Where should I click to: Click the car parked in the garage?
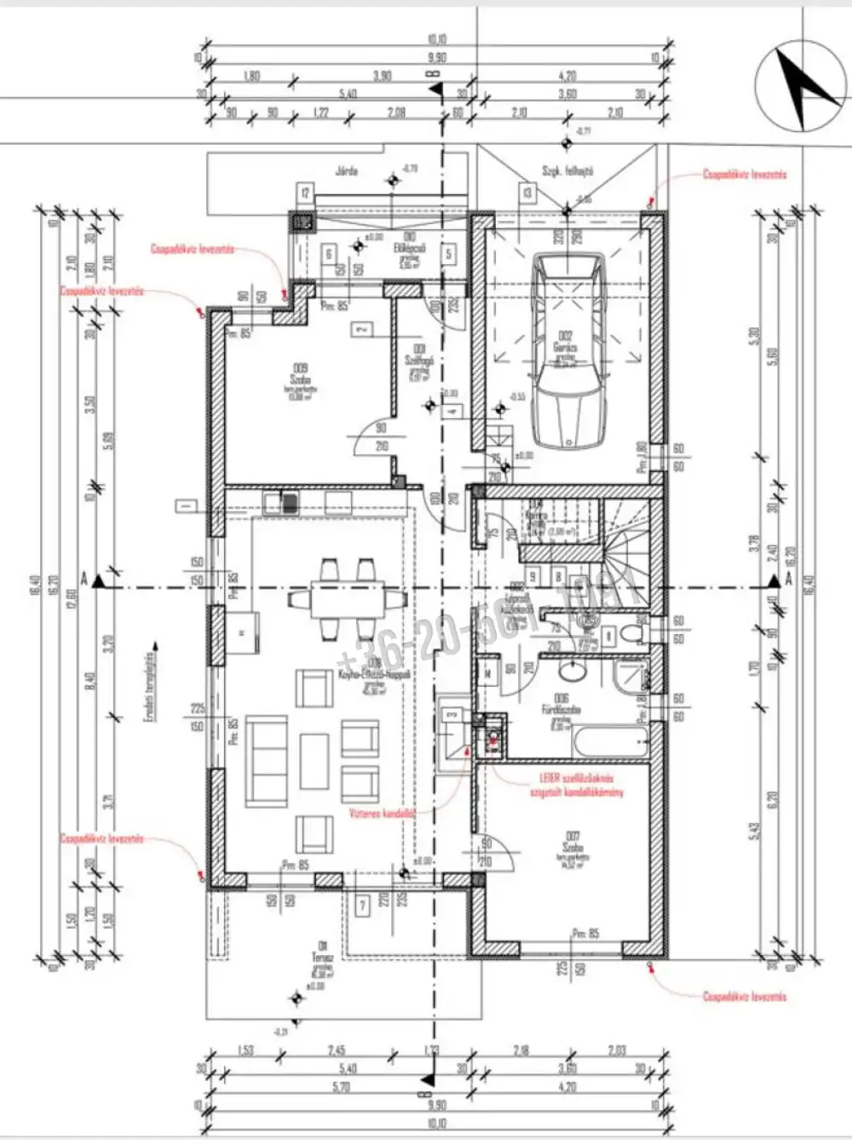click(566, 349)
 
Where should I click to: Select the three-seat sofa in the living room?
click(266, 762)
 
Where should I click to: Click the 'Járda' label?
click(345, 170)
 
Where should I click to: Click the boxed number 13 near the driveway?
click(528, 193)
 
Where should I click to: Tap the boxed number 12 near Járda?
click(305, 193)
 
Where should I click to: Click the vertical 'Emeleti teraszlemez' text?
click(147, 687)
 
